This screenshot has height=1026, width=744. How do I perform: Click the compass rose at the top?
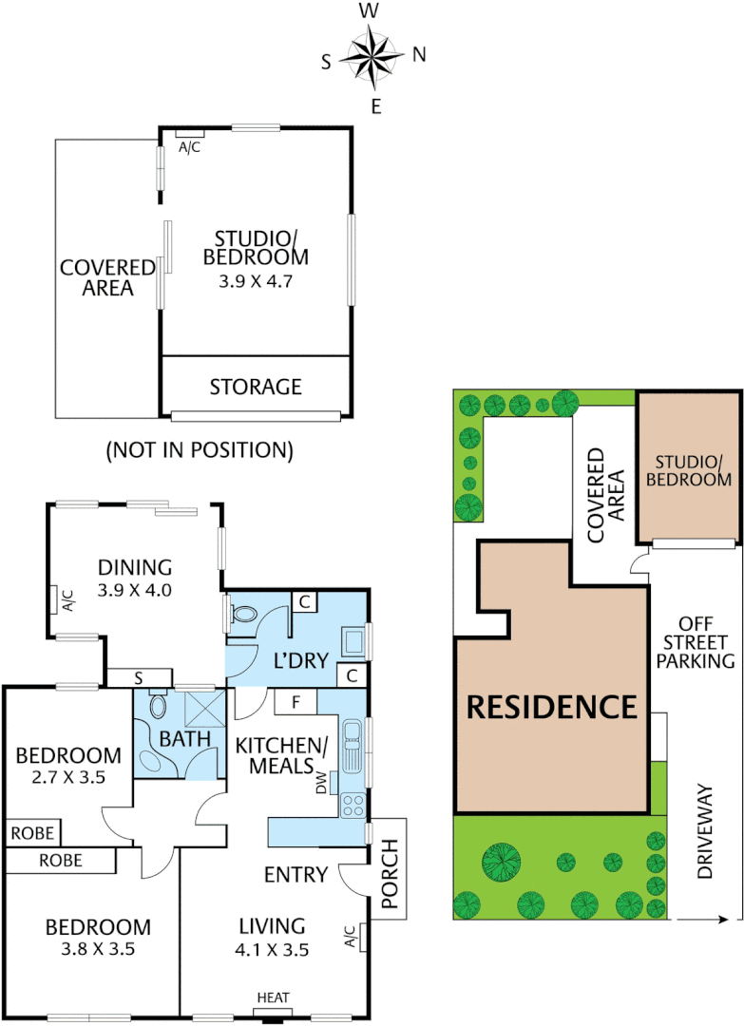(372, 55)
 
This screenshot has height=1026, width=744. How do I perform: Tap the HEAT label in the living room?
(272, 997)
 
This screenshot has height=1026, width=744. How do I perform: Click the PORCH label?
(389, 868)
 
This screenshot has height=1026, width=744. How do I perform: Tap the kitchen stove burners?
(353, 806)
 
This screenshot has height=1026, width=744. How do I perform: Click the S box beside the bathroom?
(139, 677)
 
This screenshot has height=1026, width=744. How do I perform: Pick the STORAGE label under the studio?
(255, 387)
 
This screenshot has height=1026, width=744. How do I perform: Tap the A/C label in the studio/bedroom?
(190, 147)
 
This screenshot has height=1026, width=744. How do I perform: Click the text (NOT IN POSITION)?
(199, 448)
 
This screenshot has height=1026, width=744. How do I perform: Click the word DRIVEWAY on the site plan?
(704, 831)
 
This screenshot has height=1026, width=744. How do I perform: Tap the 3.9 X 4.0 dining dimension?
(135, 590)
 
